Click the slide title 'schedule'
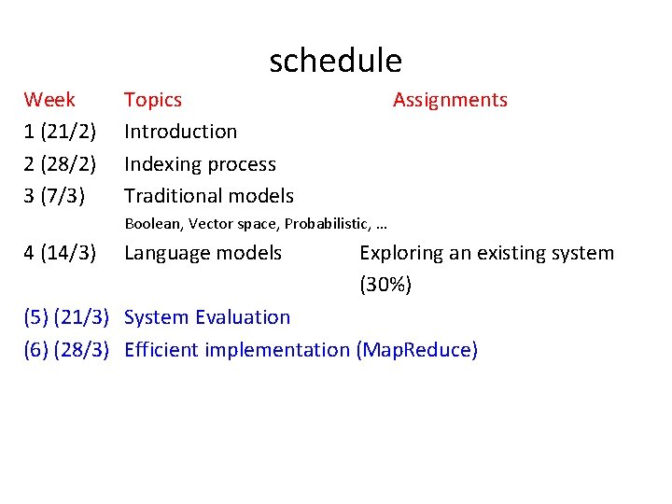[x=335, y=61]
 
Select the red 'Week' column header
[x=49, y=100]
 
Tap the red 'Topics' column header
[x=153, y=100]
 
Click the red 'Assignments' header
[x=450, y=100]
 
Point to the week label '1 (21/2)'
[x=60, y=132]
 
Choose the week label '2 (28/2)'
[x=60, y=164]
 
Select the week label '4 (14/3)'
[x=60, y=253]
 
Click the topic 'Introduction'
[x=180, y=132]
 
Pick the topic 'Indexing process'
[x=200, y=164]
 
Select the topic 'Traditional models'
[x=208, y=196]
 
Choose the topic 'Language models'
[x=203, y=253]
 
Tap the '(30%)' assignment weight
[x=385, y=285]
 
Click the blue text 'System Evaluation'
[x=207, y=317]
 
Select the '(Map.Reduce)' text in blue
[x=416, y=350]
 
